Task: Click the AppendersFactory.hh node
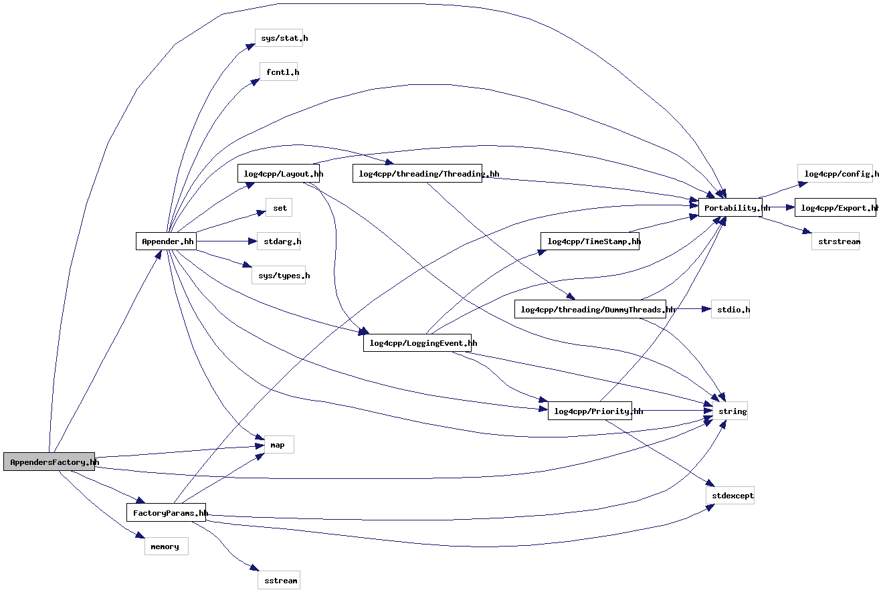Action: pos(49,462)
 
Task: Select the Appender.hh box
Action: pos(166,241)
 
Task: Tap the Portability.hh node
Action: pos(730,207)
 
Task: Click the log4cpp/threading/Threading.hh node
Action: pos(417,174)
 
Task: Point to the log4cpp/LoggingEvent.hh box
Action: pos(417,343)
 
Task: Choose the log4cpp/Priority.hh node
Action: pos(589,411)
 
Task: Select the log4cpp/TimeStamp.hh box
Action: pos(589,241)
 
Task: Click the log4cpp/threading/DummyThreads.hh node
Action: pos(590,309)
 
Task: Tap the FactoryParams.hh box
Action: pos(166,513)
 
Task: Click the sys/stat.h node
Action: pos(279,38)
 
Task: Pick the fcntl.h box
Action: pos(278,72)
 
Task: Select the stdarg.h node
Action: pos(278,241)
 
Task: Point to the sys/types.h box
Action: pos(278,276)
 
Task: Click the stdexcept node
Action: pos(730,496)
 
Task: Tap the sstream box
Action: pos(279,581)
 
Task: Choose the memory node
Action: pos(166,547)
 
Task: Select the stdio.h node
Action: pos(730,309)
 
